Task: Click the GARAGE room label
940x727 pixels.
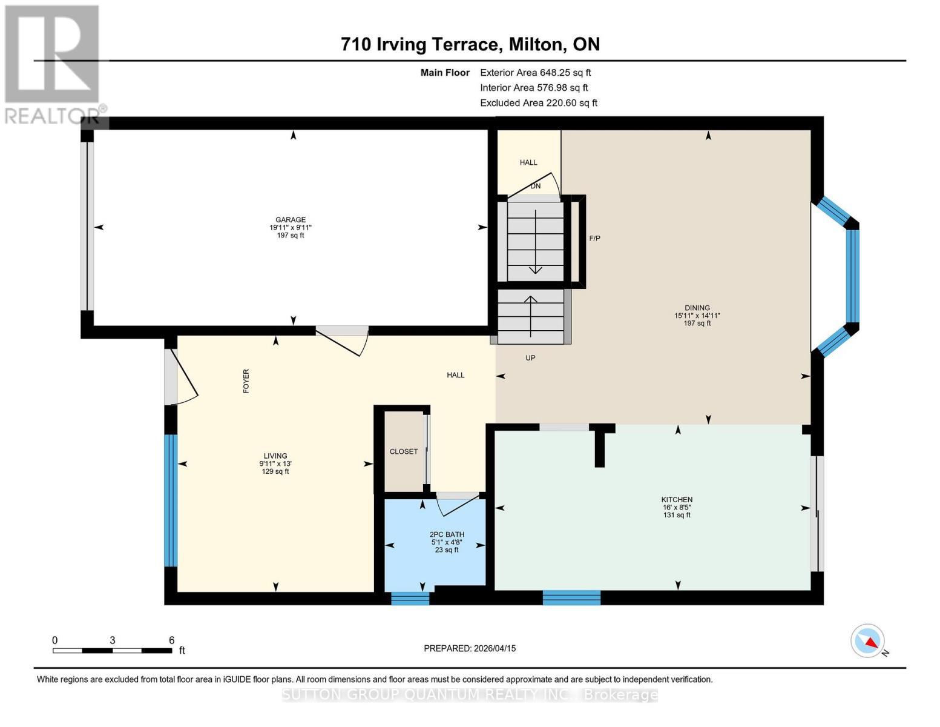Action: pos(291,220)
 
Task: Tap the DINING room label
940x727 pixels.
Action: pos(697,308)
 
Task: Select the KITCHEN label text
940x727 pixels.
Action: pos(677,500)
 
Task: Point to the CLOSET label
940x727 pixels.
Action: pos(404,452)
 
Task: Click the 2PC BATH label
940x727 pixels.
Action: pos(447,535)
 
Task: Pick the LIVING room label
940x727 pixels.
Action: pos(275,456)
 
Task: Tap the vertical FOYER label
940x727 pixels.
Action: pos(246,381)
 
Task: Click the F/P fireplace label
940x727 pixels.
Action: pos(594,239)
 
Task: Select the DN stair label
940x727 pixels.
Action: pos(536,187)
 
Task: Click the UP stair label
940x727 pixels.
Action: pos(530,358)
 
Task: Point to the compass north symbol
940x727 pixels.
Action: pos(868,641)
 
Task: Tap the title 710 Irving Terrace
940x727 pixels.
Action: pos(470,44)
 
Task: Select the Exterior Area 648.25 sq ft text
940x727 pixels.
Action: pos(535,73)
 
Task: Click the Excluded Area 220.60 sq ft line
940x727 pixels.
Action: pos(539,103)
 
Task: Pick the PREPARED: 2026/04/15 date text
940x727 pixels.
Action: pos(470,648)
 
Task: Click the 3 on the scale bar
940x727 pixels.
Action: pos(113,640)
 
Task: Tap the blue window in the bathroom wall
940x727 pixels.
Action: pos(410,599)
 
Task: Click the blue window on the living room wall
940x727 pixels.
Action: pos(171,500)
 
